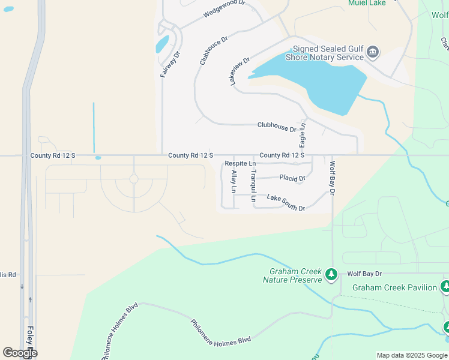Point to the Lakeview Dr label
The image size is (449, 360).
point(240,71)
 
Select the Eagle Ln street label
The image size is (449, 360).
point(303,136)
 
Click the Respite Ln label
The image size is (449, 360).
point(240,164)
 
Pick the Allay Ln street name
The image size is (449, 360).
point(234,181)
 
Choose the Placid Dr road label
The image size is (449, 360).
point(292,178)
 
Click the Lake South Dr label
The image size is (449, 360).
point(286,202)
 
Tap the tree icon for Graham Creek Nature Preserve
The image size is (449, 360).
point(331,275)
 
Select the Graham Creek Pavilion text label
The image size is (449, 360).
point(394,287)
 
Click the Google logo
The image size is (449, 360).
point(20,353)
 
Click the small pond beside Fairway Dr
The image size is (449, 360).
point(162,44)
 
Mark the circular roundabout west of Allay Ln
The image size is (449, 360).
point(134,179)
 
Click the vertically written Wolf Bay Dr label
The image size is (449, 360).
point(331,177)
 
